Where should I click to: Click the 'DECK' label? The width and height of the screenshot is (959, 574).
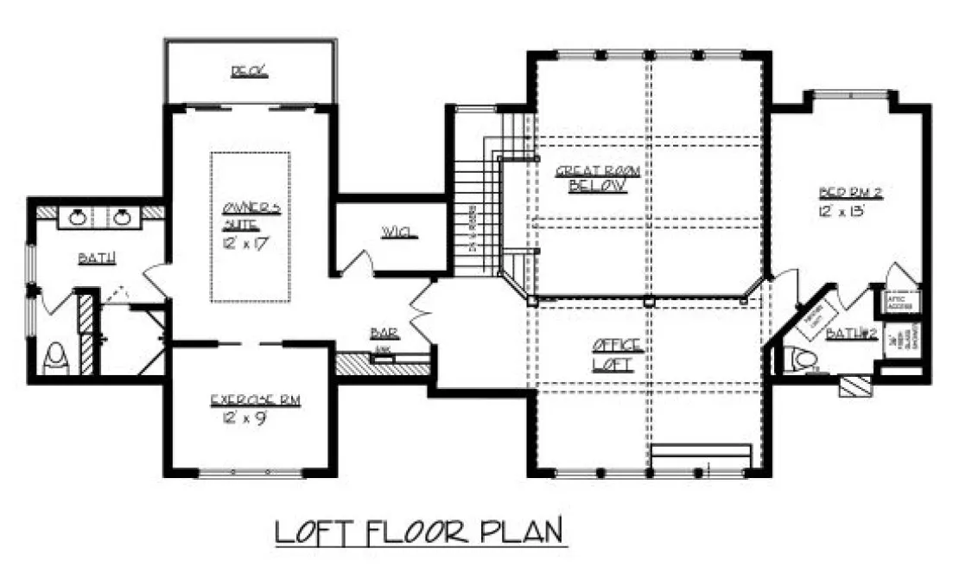pyautogui.click(x=249, y=72)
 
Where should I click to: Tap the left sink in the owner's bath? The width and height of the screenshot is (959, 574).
pyautogui.click(x=78, y=216)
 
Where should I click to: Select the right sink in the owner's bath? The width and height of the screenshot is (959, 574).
pyautogui.click(x=122, y=216)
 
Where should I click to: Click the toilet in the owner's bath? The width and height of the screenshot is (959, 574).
pyautogui.click(x=56, y=358)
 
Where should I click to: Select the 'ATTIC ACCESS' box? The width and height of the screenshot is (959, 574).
pyautogui.click(x=902, y=302)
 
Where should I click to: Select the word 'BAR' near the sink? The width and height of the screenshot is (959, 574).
pyautogui.click(x=382, y=332)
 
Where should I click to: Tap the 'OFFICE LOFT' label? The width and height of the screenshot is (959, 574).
pyautogui.click(x=614, y=356)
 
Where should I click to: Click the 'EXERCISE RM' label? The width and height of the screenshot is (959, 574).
pyautogui.click(x=256, y=401)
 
